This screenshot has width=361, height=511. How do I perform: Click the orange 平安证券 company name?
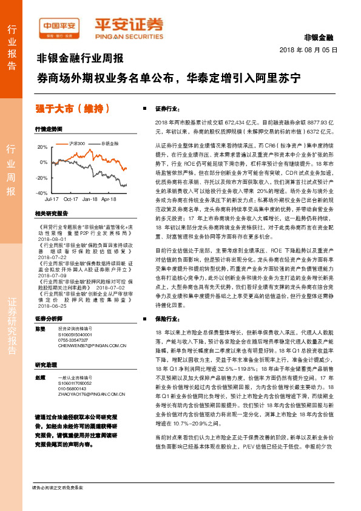tap(128, 25)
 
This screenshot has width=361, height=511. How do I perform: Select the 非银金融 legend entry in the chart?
tap(107, 143)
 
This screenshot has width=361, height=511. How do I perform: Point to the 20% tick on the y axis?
tap(42, 147)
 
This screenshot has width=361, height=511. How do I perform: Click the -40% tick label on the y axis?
tap(42, 193)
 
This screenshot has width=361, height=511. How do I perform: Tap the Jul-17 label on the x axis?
tap(52, 198)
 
